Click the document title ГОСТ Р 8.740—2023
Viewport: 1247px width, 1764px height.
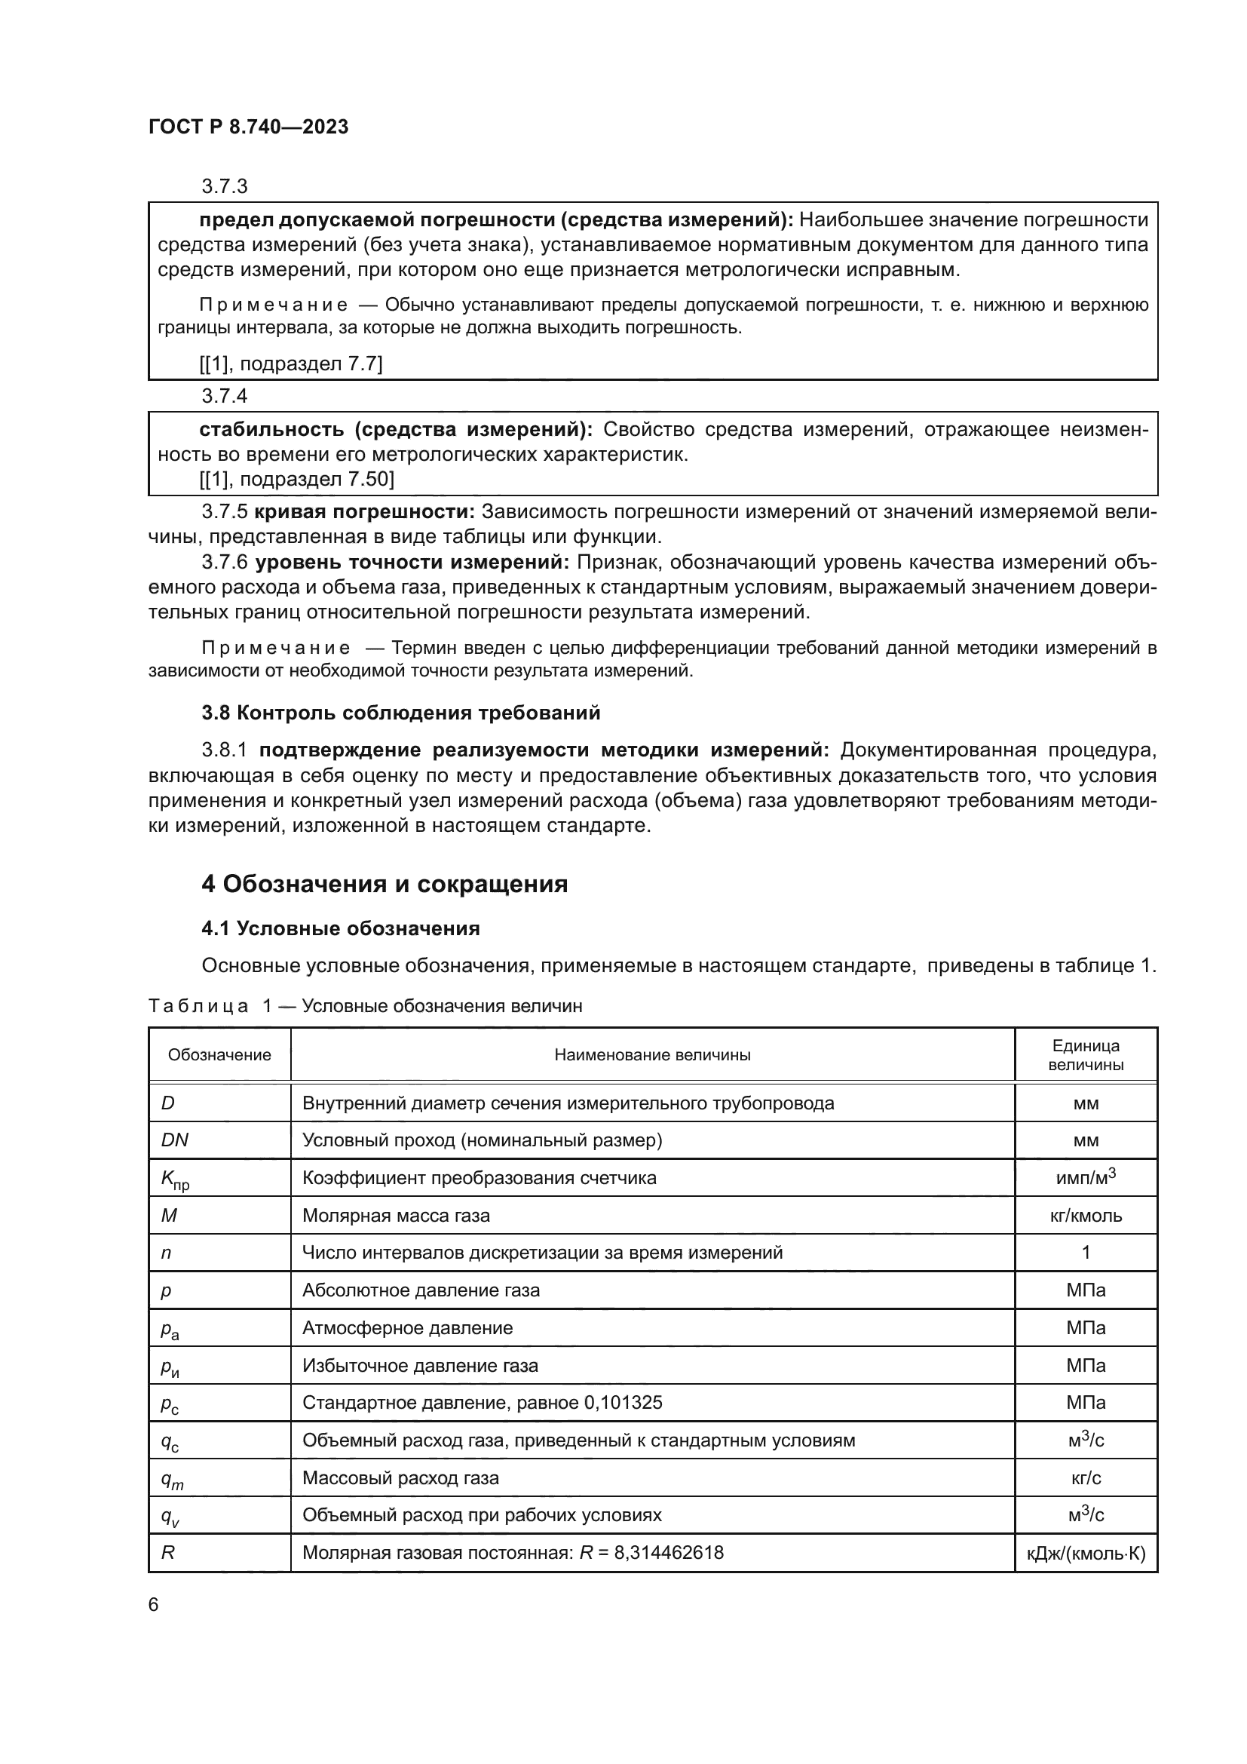248,127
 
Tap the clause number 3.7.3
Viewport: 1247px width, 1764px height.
224,186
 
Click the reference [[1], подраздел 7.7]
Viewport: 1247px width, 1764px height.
290,364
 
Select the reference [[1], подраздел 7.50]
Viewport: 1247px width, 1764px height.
296,480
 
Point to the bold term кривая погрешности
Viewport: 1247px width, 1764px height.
365,511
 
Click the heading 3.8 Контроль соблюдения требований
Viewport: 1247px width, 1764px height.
400,713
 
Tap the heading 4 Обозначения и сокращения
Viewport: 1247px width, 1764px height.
384,885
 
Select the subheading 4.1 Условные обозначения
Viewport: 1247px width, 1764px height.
340,929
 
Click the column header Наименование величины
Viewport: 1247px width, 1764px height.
652,1055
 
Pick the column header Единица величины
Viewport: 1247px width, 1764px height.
1085,1055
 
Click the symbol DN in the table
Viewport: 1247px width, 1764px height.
174,1140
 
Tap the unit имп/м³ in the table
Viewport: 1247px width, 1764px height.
1085,1178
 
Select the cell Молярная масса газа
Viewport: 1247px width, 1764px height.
396,1216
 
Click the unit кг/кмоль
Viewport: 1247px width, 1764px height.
1085,1216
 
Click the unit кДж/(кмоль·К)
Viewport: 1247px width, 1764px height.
1085,1554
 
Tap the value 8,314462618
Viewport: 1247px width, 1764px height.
668,1553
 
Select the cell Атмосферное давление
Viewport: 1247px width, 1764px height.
407,1327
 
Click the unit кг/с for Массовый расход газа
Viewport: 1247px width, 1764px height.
1085,1478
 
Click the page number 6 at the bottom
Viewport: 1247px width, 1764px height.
154,1605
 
